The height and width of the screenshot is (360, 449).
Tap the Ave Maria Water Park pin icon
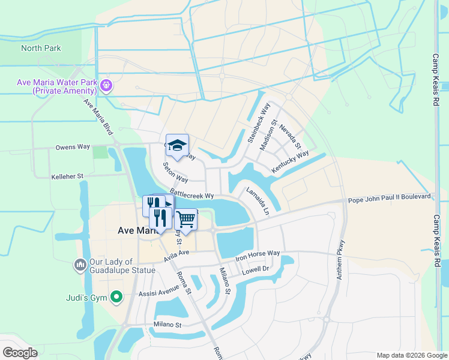coord(106,85)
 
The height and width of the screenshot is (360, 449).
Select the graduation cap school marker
coord(177,145)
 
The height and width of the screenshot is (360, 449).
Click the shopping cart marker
coord(186,220)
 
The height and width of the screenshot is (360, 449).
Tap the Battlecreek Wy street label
coord(191,196)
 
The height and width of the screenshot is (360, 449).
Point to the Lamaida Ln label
coord(258,201)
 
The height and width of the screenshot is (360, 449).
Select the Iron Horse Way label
coord(258,254)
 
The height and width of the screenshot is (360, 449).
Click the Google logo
coord(20,353)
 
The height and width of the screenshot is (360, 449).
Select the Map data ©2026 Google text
coord(411,355)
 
